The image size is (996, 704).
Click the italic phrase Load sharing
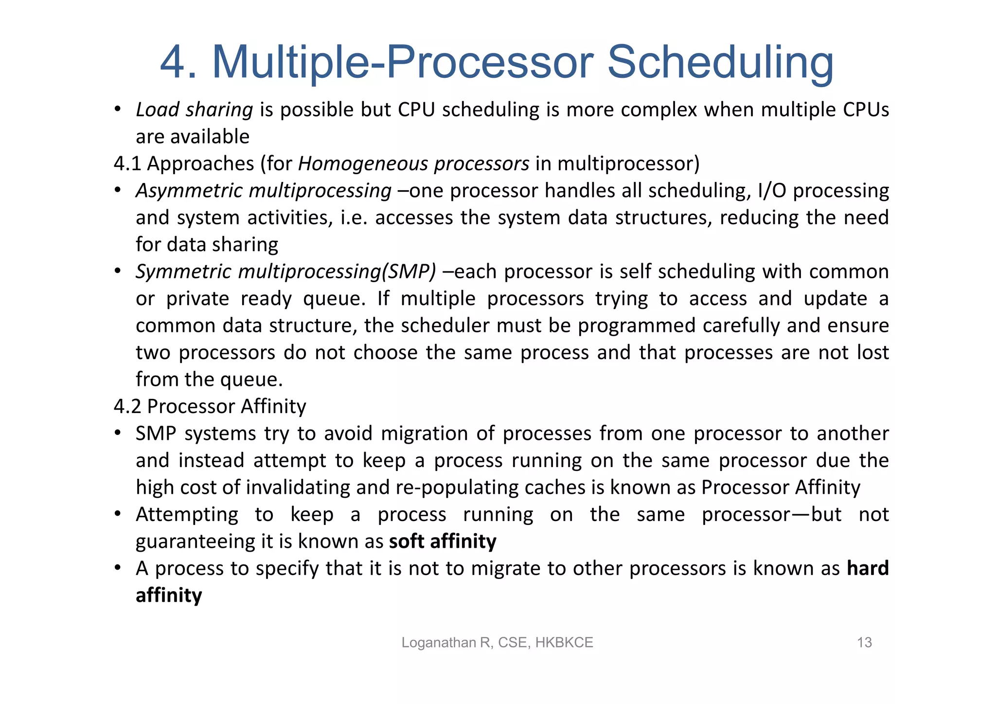tap(194, 110)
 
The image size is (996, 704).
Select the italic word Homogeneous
tap(362, 164)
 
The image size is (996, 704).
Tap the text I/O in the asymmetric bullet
tap(771, 191)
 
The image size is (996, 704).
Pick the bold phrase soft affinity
tap(443, 542)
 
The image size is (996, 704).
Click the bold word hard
tap(868, 568)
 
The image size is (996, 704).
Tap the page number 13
tap(864, 643)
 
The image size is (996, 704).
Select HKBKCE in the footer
tap(564, 643)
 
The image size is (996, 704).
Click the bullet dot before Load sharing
tap(117, 109)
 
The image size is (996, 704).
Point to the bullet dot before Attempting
tap(117, 514)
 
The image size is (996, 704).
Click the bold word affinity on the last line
tap(169, 596)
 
